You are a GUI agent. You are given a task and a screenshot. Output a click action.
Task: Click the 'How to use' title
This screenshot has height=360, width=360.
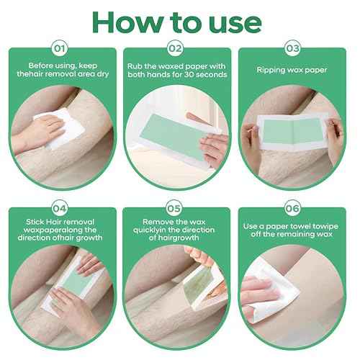click(180, 22)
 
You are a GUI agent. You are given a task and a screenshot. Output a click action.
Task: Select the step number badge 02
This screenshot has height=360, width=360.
click(179, 50)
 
